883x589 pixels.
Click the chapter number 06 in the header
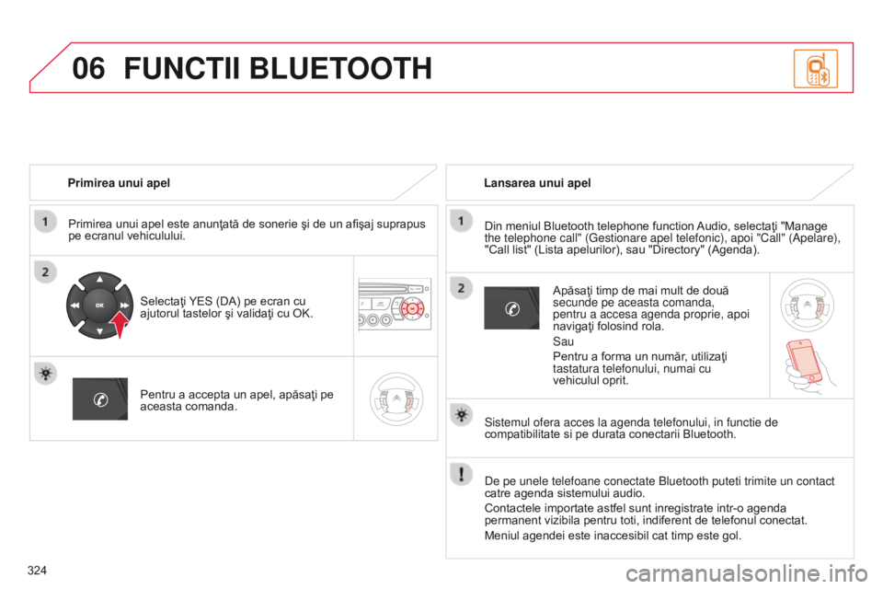(x=88, y=68)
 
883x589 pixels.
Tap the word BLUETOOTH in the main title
(x=340, y=68)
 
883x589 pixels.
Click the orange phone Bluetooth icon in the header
(x=816, y=68)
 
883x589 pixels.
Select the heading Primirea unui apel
(x=119, y=182)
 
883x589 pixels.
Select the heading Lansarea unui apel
(x=537, y=182)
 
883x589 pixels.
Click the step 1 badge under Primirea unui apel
(x=46, y=221)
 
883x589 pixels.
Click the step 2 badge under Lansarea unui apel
(x=461, y=288)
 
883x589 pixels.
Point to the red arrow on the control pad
(x=120, y=324)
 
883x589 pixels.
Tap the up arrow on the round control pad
(x=99, y=279)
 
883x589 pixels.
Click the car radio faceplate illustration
(x=395, y=304)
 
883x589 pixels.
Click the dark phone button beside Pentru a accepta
(x=100, y=399)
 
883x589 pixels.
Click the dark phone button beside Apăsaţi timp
(x=512, y=307)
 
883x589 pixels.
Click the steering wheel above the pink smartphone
(x=807, y=305)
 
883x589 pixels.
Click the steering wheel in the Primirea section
(x=396, y=398)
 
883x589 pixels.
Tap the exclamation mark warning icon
(x=461, y=473)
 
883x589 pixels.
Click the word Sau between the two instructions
(x=563, y=341)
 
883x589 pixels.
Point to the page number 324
(x=37, y=571)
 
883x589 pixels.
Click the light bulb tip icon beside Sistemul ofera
(x=461, y=415)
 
